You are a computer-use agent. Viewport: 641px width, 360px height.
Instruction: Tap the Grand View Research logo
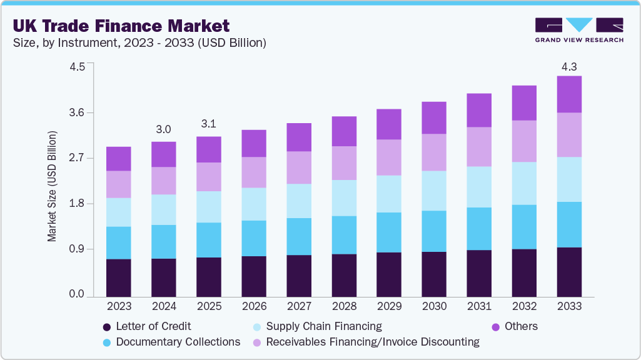[x=578, y=30]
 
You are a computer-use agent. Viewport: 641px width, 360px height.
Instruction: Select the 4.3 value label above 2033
[x=569, y=66]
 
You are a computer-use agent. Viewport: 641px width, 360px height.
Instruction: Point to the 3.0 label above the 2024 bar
[x=163, y=129]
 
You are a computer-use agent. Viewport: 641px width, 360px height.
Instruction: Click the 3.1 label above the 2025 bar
[x=208, y=124]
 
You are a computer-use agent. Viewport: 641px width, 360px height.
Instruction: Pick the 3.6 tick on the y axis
[x=76, y=113]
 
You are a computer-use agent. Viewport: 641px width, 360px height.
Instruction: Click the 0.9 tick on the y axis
[x=76, y=249]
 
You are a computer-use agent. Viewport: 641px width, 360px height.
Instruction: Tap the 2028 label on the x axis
[x=344, y=306]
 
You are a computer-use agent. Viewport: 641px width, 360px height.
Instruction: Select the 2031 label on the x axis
[x=479, y=306]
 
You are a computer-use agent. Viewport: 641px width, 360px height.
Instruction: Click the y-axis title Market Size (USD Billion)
[x=53, y=187]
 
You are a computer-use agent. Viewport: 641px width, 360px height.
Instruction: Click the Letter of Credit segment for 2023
[x=119, y=277]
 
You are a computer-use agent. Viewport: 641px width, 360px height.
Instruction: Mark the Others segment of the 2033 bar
[x=569, y=94]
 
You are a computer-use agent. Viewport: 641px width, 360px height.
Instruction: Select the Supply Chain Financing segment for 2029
[x=389, y=194]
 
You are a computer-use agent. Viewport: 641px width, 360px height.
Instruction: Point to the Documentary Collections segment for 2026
[x=254, y=238]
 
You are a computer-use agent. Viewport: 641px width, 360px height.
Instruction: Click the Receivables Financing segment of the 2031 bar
[x=479, y=147]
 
